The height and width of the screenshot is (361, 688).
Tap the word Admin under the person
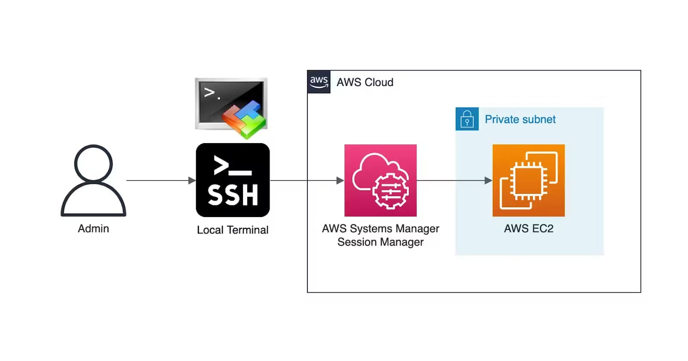pyautogui.click(x=93, y=229)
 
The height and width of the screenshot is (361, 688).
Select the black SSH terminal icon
pyautogui.click(x=233, y=180)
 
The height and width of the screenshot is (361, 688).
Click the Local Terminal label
pyautogui.click(x=233, y=230)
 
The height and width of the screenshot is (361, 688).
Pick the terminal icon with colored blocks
pyautogui.click(x=231, y=105)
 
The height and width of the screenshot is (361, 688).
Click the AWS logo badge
pyautogui.click(x=319, y=82)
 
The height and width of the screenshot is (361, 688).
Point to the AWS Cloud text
pyautogui.click(x=365, y=82)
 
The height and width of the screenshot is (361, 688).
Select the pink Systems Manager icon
pyautogui.click(x=380, y=180)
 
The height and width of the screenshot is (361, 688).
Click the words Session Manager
pyautogui.click(x=380, y=242)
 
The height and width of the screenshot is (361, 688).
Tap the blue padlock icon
pyautogui.click(x=467, y=119)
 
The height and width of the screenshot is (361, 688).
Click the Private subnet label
pyautogui.click(x=520, y=119)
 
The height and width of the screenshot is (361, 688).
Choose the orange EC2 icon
pyautogui.click(x=528, y=180)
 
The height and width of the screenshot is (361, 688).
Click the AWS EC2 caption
pyautogui.click(x=528, y=229)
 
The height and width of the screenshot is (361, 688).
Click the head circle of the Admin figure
pyautogui.click(x=93, y=163)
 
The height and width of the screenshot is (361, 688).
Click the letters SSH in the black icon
pyautogui.click(x=233, y=195)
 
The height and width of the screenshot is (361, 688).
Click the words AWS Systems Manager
pyautogui.click(x=380, y=229)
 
